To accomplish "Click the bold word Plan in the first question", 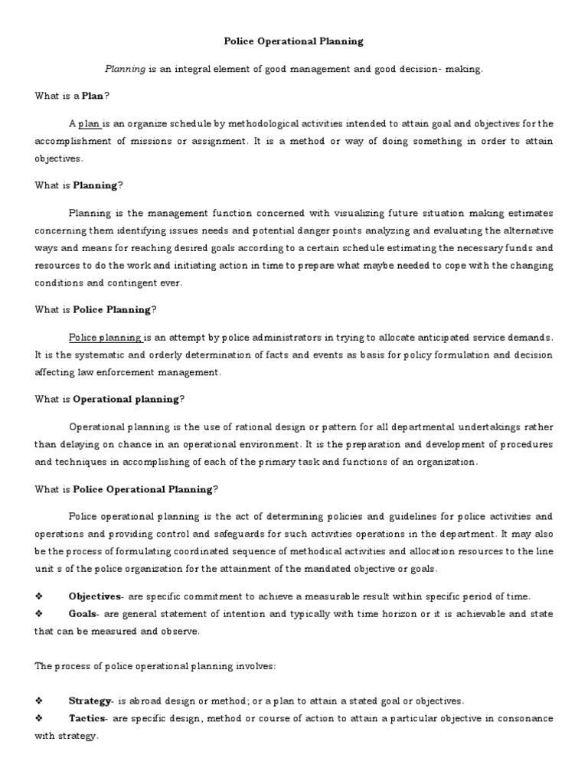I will point(93,96).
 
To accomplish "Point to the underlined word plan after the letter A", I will point(89,123).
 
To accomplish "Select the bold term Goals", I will point(83,613).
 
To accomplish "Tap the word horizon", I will point(354,613).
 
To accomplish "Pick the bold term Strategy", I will point(90,701).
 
